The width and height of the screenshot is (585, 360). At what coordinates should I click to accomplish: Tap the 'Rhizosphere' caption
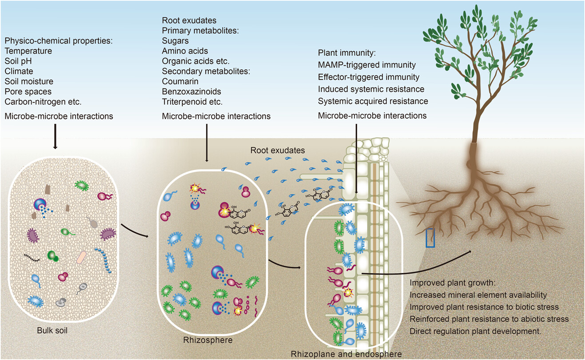pos(202,340)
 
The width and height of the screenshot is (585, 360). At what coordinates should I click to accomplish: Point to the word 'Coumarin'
pos(180,82)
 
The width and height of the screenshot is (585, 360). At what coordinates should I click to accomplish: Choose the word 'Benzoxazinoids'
pos(191,92)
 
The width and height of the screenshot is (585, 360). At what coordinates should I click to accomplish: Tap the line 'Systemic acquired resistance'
pos(373,101)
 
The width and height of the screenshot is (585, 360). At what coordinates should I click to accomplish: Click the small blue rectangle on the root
pos(430,237)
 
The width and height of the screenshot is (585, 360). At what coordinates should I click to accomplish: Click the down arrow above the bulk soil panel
pos(55,137)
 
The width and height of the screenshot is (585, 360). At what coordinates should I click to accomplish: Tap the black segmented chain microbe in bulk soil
pos(32,257)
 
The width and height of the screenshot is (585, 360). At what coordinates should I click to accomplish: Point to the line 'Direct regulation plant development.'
pos(473,331)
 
